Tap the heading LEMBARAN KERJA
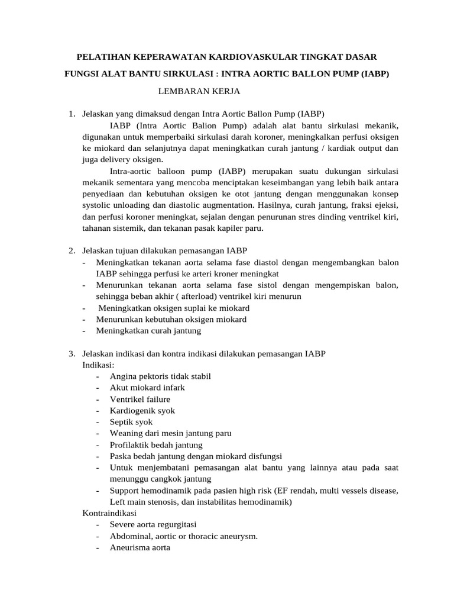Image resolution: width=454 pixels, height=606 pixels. (199, 91)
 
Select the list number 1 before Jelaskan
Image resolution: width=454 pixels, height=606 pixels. (72, 114)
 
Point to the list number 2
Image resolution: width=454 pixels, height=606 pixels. (72, 251)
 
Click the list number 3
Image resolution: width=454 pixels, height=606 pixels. (72, 354)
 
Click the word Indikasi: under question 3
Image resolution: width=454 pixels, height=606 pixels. (98, 365)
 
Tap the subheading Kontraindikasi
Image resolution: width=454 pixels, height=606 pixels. (109, 513)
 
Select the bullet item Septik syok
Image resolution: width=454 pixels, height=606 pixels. (131, 422)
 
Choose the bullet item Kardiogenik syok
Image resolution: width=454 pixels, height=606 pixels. (142, 410)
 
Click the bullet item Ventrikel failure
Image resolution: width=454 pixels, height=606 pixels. (140, 399)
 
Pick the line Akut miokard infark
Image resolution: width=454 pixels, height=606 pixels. (147, 388)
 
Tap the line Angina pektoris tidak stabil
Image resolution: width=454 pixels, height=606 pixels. (160, 376)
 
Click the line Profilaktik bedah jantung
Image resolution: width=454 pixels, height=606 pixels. (156, 444)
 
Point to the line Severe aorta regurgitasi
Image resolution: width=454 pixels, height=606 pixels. (153, 525)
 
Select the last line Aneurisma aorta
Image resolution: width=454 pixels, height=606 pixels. (140, 547)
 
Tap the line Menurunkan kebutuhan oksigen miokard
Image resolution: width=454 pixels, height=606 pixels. (171, 320)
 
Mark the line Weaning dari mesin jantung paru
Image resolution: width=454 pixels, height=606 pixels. (170, 433)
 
